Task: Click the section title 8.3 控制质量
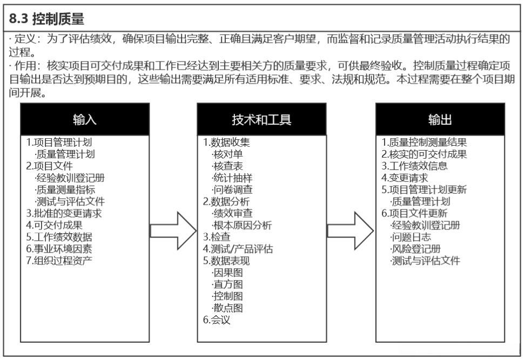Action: [x=48, y=19]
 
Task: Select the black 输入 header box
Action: [x=85, y=119]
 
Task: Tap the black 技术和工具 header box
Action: [x=261, y=119]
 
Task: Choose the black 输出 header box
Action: [x=440, y=119]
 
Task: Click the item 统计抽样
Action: [x=232, y=178]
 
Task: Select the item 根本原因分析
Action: [x=242, y=225]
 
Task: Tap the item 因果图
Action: [x=227, y=273]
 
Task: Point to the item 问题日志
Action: [x=411, y=237]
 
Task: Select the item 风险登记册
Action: [x=415, y=249]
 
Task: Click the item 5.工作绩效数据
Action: [x=59, y=237]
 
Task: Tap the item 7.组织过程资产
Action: [x=59, y=261]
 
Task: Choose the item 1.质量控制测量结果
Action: [x=425, y=142]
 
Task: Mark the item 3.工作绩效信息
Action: [x=415, y=166]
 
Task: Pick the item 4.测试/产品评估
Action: [x=238, y=249]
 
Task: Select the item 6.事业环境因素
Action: [x=59, y=249]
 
